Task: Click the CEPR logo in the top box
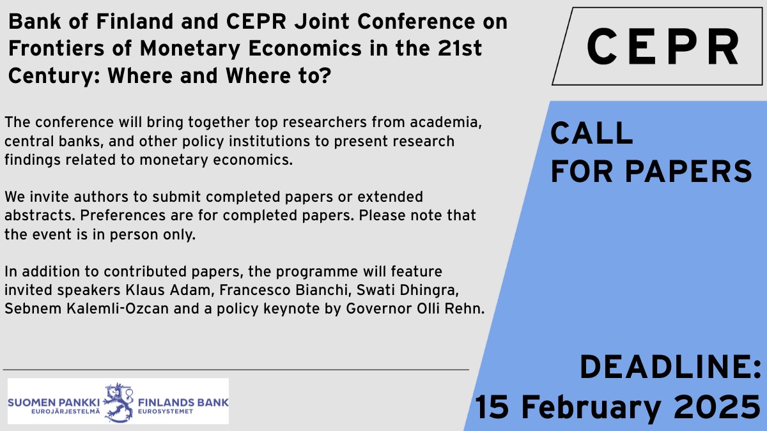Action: coord(662,47)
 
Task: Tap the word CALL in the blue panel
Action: coord(592,133)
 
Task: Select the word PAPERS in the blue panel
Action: coord(688,170)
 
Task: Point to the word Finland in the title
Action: coord(98,22)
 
